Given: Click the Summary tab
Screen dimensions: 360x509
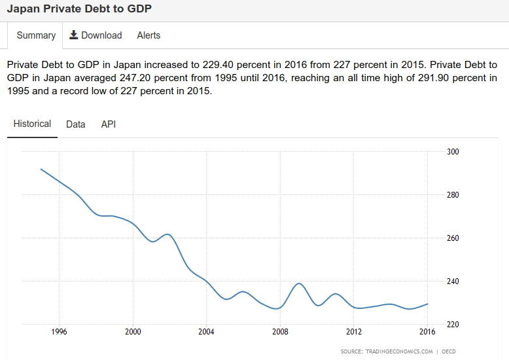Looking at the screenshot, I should [x=36, y=35].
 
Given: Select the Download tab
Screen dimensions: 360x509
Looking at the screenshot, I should [x=96, y=35].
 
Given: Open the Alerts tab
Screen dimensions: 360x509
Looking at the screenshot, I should [x=149, y=35].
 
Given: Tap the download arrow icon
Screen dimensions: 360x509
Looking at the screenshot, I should [x=74, y=35].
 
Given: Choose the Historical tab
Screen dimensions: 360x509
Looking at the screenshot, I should [x=32, y=124].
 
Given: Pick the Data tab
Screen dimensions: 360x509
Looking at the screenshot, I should [x=76, y=124].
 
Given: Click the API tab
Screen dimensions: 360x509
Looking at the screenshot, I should [x=109, y=124].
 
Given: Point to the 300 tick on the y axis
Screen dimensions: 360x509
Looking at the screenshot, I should [x=453, y=152].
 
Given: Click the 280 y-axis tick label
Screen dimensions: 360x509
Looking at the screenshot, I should [x=453, y=195].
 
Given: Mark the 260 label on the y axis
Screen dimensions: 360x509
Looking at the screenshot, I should [x=453, y=238].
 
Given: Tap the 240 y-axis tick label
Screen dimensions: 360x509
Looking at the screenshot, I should [x=453, y=281].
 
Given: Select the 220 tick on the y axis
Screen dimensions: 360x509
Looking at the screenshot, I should [x=453, y=325].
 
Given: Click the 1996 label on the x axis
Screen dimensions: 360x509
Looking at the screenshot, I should [x=60, y=331].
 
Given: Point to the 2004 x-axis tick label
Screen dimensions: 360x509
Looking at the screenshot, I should [x=207, y=331].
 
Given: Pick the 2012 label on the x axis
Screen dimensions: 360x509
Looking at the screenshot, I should [x=354, y=331].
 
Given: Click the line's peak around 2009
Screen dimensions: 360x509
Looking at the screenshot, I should [x=299, y=283].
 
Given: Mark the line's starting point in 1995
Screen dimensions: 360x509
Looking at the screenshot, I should [x=41, y=169].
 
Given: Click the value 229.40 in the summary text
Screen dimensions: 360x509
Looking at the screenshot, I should [x=224, y=65].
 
